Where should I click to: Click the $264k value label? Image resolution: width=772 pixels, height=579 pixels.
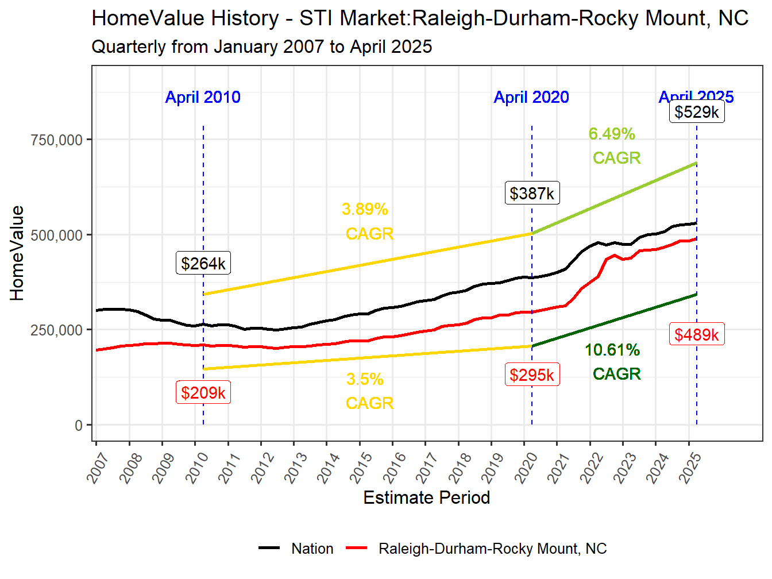203,263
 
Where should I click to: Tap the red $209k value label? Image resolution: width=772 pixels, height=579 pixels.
203,392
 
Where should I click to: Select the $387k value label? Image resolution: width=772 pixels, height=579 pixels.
532,193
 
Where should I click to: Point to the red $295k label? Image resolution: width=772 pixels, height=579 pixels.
532,375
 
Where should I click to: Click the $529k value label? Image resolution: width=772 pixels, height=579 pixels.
697,111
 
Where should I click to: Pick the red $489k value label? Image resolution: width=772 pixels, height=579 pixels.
697,334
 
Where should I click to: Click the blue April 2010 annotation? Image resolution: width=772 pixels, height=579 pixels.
203,97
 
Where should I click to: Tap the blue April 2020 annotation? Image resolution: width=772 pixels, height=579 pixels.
531,97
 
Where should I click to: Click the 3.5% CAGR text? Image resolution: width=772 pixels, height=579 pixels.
368,391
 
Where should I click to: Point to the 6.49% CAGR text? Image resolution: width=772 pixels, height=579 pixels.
613,146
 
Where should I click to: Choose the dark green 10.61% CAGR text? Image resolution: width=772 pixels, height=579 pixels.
613,362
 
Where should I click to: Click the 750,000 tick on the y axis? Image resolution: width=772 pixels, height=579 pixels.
57,140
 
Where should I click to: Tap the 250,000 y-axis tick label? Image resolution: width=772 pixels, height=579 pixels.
57,330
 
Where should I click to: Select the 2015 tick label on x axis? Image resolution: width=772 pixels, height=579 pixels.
362,467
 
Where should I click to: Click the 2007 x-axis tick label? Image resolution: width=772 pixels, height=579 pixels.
99,467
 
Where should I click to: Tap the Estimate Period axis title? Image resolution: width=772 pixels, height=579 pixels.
426,497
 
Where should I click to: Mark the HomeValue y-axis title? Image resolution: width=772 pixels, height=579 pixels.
17,253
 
